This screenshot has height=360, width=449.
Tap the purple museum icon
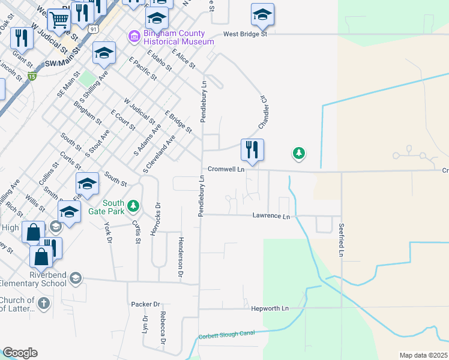click(133, 37)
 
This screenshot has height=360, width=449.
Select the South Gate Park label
click(113, 207)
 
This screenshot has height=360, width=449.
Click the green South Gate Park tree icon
click(134, 206)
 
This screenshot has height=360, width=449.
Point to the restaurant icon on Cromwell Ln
click(252, 149)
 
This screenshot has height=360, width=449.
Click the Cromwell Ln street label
click(226, 170)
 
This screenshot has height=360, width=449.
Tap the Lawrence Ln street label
click(271, 215)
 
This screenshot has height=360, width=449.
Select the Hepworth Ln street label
click(270, 308)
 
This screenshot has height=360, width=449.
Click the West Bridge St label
click(245, 34)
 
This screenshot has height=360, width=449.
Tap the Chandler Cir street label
click(262, 112)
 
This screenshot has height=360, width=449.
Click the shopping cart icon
click(59, 20)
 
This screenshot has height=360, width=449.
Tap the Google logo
click(20, 353)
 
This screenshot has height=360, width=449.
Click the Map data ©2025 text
click(423, 355)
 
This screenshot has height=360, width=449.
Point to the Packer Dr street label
click(146, 304)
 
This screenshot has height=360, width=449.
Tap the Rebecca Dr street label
click(163, 328)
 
